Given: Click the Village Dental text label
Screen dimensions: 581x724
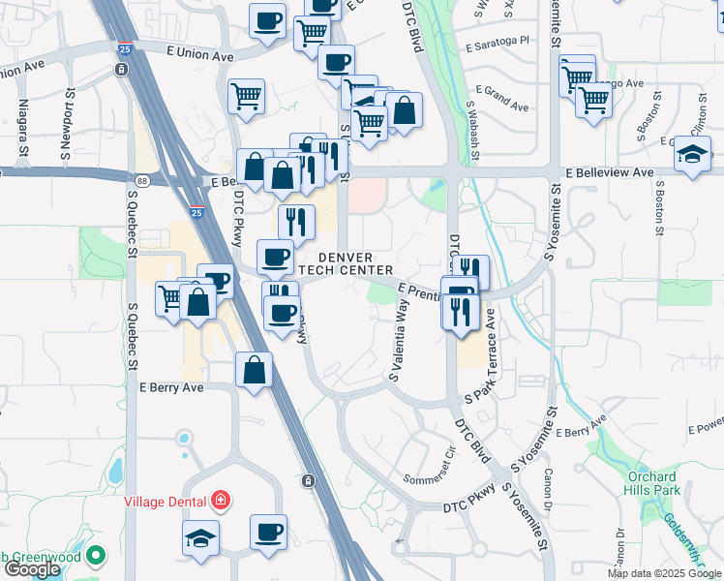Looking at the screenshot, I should point(165,502).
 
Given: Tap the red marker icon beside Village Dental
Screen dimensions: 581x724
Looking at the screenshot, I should point(222,501).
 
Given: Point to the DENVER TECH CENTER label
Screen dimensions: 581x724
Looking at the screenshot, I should point(345,263).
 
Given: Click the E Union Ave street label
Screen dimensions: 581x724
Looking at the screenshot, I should point(200,55).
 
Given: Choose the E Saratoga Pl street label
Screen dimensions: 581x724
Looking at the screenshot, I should point(498,43).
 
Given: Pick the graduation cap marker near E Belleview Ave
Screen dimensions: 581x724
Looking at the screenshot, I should point(693,154).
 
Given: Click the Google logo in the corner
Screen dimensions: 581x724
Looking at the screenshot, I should point(31,569).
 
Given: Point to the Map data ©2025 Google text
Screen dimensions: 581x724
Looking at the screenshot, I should point(664,573).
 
